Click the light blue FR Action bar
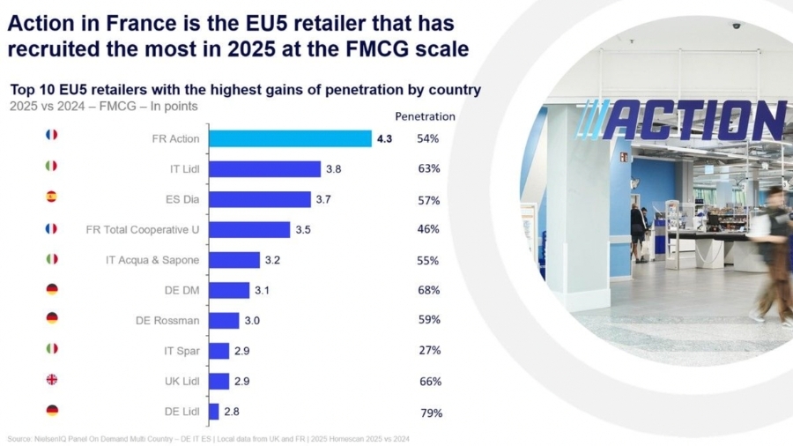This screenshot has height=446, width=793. click(x=290, y=138)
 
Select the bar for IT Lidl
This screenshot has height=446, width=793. click(x=264, y=169)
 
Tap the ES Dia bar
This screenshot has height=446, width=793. click(x=260, y=199)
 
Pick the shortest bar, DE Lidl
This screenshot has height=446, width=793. click(x=214, y=412)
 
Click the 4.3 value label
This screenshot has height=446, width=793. click(x=384, y=138)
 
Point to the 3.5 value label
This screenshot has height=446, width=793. click(x=303, y=230)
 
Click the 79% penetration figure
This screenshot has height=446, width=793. click(x=431, y=413)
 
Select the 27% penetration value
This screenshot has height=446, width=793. click(x=430, y=350)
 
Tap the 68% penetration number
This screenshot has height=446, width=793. click(x=429, y=290)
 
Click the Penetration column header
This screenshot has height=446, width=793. click(x=425, y=116)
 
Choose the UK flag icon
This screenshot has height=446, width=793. click(x=51, y=380)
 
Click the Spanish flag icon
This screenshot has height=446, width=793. click(x=51, y=198)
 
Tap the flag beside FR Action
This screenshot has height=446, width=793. click(x=51, y=135)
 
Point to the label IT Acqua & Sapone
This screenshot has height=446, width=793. click(x=152, y=260)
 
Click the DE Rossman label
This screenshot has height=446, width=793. click(x=168, y=320)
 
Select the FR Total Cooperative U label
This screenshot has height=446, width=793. click(x=143, y=229)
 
